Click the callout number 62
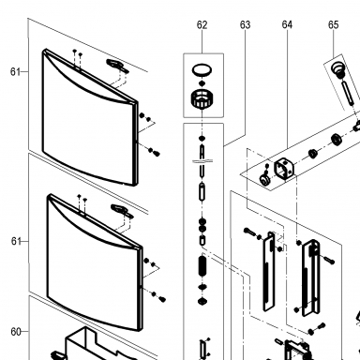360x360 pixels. [x=202, y=24]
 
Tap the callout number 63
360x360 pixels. [x=246, y=24]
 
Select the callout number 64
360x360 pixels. [x=287, y=24]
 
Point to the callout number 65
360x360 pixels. [x=334, y=24]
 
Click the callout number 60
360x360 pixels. [x=16, y=332]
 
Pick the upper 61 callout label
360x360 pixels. [x=15, y=72]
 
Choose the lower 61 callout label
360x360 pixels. [x=16, y=241]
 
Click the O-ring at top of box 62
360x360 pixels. [x=202, y=69]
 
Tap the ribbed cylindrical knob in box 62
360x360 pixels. [x=202, y=99]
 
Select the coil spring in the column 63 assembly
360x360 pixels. [x=202, y=265]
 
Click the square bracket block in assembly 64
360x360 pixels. [x=284, y=169]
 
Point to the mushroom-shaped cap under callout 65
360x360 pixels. [x=337, y=68]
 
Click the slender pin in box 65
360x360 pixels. [x=348, y=93]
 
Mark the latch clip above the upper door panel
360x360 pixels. [x=117, y=66]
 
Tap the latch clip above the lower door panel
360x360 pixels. [x=122, y=211]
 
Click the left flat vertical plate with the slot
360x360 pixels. [x=269, y=272]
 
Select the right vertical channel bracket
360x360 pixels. [x=310, y=278]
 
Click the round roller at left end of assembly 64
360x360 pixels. [x=265, y=180]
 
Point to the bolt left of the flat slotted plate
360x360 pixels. [x=250, y=232]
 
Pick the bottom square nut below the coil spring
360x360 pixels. [x=202, y=301]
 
